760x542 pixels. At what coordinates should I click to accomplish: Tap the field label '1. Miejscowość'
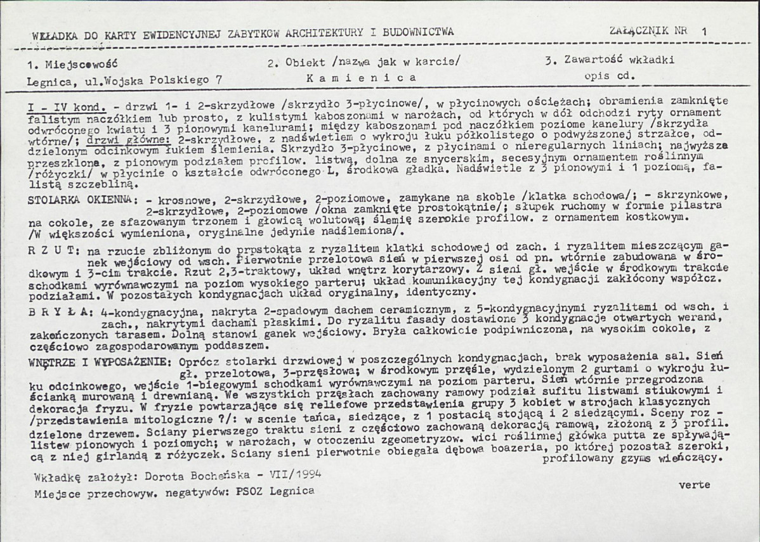[72, 63]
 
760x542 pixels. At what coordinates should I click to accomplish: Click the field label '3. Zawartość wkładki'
[609, 61]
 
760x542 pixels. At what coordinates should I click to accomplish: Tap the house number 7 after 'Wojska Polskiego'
[219, 81]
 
